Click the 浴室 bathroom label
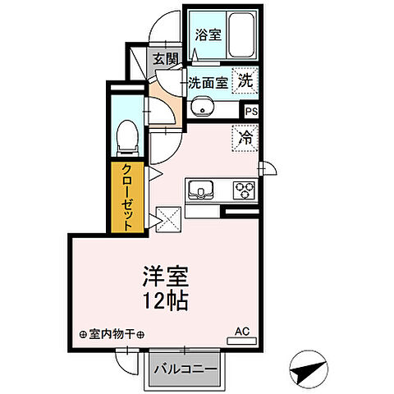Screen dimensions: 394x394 (208, 34)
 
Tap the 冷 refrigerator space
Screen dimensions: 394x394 (245, 137)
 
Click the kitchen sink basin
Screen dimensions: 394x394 (200, 191)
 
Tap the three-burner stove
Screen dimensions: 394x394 (244, 190)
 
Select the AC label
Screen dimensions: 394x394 (241, 331)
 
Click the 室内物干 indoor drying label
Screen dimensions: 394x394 (112, 334)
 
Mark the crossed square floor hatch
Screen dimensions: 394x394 (169, 219)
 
